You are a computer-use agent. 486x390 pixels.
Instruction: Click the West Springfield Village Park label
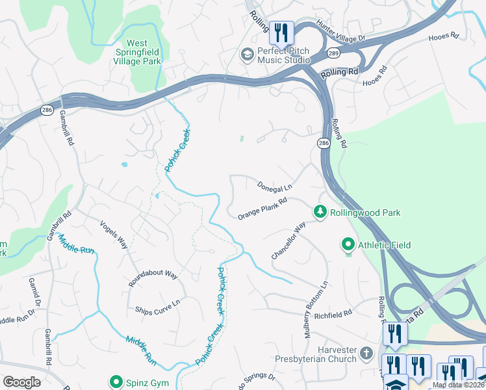[137, 53]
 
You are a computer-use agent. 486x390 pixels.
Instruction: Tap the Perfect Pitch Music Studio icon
[247, 55]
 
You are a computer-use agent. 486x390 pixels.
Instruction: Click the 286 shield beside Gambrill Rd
[46, 109]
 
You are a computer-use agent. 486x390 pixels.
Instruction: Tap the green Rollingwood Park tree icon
[319, 212]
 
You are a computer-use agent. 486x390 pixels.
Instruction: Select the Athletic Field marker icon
[348, 245]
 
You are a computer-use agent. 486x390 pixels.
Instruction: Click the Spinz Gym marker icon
[116, 382]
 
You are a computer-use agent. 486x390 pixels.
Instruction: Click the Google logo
[21, 382]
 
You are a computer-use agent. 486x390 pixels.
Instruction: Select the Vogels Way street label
[114, 233]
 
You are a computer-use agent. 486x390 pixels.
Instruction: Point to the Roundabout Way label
[153, 275]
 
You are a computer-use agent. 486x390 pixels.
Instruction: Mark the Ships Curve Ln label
[157, 307]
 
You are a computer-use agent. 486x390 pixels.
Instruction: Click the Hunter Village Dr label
[342, 32]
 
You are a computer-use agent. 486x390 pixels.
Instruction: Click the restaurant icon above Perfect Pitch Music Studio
[281, 32]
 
